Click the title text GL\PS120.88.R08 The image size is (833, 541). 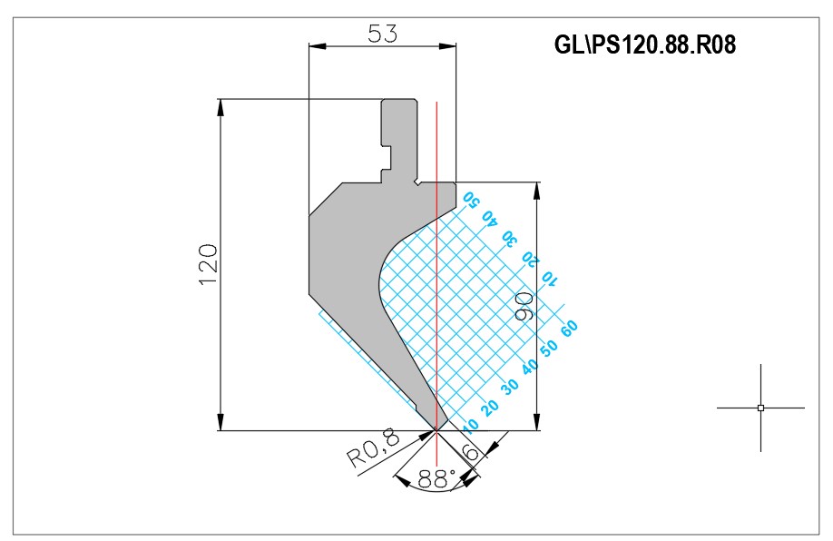pos(644,44)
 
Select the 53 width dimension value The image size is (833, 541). pos(383,34)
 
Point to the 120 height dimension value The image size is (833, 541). pos(209,265)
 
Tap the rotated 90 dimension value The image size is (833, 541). pos(524,305)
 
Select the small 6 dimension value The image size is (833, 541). pos(471,452)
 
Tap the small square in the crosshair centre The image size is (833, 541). pos(760,408)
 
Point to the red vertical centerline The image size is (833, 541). pos(436,266)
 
